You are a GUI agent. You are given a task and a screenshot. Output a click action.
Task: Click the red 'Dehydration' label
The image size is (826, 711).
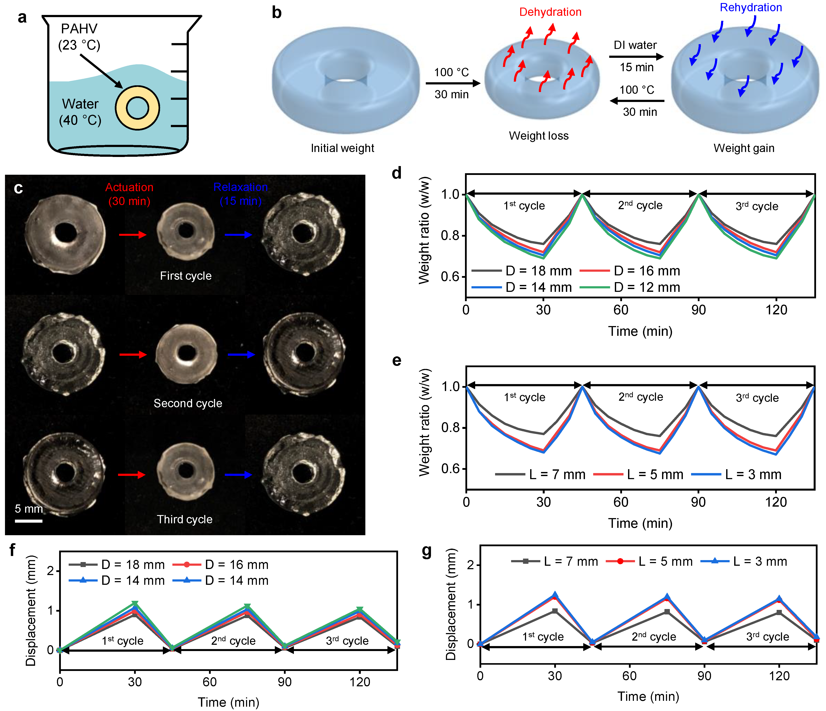[x=550, y=12]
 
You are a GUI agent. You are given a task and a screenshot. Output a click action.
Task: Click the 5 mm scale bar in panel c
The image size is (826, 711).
[x=29, y=520]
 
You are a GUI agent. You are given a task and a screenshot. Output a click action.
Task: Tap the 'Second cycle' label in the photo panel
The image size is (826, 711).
[x=188, y=403]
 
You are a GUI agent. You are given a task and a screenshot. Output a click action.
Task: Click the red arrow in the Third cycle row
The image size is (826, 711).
[x=131, y=475]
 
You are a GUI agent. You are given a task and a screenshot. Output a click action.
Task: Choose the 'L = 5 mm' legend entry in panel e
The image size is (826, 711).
[x=638, y=475]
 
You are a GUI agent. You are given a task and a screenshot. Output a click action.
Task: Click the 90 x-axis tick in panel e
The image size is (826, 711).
[x=698, y=502]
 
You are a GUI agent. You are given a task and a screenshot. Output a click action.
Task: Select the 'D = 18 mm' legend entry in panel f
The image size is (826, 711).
[x=117, y=565]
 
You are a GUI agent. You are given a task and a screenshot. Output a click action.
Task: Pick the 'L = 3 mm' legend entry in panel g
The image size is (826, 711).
[x=744, y=562]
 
